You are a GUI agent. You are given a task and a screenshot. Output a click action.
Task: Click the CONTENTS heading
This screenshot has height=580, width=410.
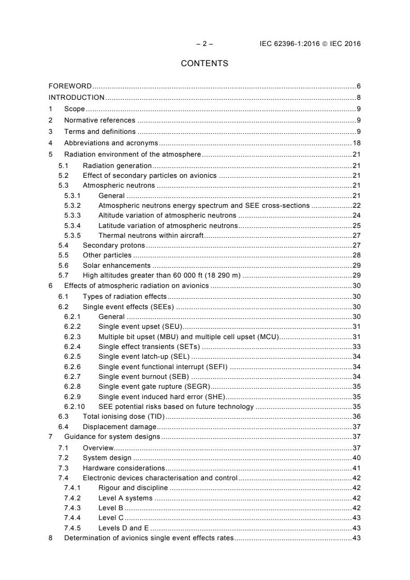pos(204,64)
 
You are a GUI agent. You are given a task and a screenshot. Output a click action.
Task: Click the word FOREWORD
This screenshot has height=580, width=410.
pos(70,86)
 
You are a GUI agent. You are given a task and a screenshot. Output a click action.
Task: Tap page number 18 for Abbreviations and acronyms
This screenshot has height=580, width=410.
pos(356,143)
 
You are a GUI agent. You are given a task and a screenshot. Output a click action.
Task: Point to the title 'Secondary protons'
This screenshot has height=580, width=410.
pos(114,245)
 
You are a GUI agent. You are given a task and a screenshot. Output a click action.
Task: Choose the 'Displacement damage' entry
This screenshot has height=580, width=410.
pos(119,426)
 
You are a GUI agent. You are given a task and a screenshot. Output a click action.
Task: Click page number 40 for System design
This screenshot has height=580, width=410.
pos(356,457)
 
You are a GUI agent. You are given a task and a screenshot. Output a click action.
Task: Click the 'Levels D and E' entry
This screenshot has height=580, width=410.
pos(124,528)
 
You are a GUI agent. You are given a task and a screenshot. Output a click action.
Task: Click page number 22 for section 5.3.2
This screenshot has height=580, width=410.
pos(356,205)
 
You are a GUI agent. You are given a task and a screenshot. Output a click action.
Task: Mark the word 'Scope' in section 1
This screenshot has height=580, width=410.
pos(74,109)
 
